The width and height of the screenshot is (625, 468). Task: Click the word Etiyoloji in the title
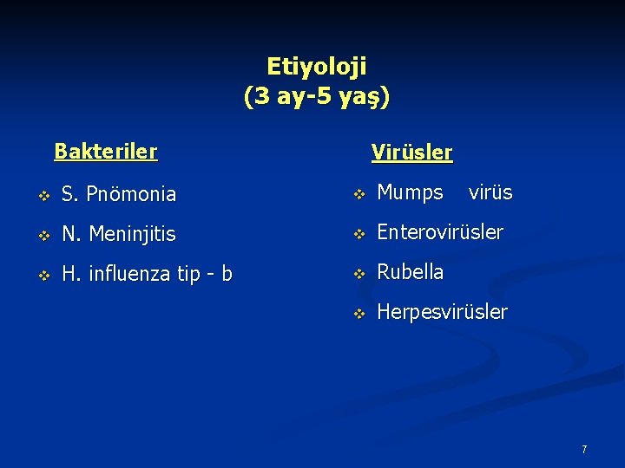tap(316, 66)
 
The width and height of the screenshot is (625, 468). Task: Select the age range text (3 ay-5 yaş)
tap(317, 95)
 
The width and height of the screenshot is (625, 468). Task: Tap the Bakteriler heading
tap(106, 152)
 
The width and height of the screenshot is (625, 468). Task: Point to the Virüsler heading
tap(411, 153)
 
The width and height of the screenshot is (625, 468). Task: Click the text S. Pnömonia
tap(118, 195)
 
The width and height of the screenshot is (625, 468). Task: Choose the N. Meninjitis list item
tap(118, 234)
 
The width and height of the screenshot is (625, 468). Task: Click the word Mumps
tap(410, 193)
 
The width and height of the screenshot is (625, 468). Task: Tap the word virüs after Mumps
tap(490, 192)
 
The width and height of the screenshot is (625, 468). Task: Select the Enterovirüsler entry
tap(439, 232)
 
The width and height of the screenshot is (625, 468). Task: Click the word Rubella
tap(410, 272)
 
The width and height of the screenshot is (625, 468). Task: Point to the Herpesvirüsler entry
tap(442, 312)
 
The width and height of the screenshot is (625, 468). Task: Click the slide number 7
tap(584, 450)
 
